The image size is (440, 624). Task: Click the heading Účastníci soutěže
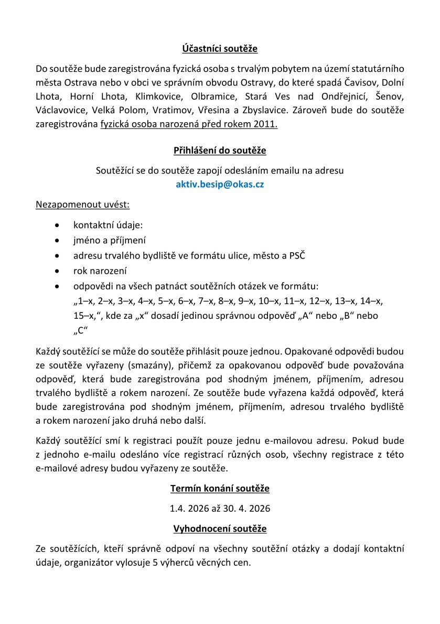[x=220, y=49]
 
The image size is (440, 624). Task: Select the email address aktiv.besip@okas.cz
[x=220, y=184]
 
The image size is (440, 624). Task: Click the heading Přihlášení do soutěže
[x=220, y=151]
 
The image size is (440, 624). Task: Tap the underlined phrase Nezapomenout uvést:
[x=79, y=203]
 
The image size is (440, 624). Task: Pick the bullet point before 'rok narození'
[x=57, y=272]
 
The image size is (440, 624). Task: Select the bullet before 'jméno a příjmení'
[x=57, y=241]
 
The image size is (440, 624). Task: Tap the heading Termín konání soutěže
[x=220, y=489]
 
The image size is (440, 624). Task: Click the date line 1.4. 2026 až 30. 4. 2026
[x=220, y=509]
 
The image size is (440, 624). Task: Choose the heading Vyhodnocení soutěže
[x=220, y=529]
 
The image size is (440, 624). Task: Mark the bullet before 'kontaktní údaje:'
[x=57, y=225]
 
